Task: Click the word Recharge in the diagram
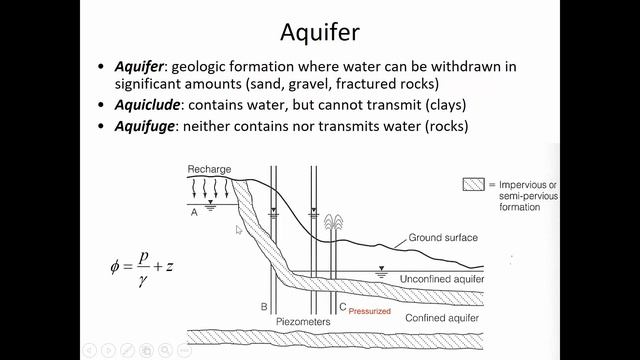(x=209, y=169)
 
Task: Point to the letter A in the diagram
(x=193, y=211)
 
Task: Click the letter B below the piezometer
(x=264, y=306)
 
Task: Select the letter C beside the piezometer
(x=342, y=307)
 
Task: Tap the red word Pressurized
(x=369, y=311)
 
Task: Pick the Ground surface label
(x=443, y=238)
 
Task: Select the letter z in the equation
(x=172, y=267)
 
